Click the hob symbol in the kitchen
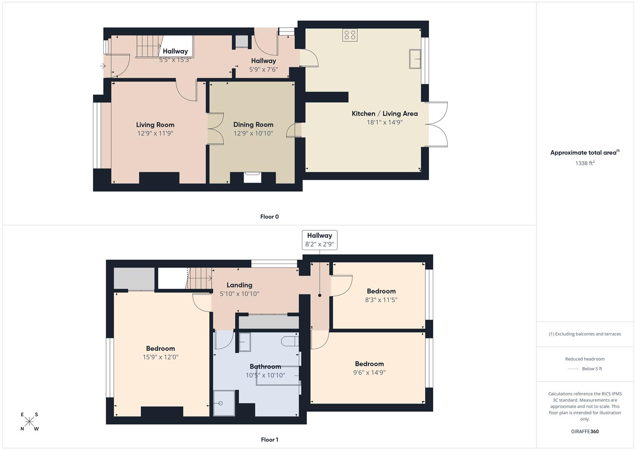pyautogui.click(x=349, y=35)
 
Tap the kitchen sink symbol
pyautogui.click(x=415, y=59)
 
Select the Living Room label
pyautogui.click(x=155, y=125)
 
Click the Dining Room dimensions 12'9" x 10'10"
pyautogui.click(x=253, y=133)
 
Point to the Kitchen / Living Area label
pyautogui.click(x=384, y=113)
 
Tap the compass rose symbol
pyautogui.click(x=29, y=422)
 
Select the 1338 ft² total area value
pyautogui.click(x=585, y=163)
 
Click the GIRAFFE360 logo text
pyautogui.click(x=585, y=431)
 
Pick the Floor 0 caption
pyautogui.click(x=269, y=217)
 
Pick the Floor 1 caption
pyautogui.click(x=269, y=440)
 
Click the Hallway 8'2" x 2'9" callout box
pyautogui.click(x=319, y=240)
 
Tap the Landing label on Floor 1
pyautogui.click(x=239, y=285)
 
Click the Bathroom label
pyautogui.click(x=265, y=367)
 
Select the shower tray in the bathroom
pyautogui.click(x=224, y=403)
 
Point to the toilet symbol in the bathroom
pyautogui.click(x=289, y=341)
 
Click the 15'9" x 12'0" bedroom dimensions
pyautogui.click(x=160, y=357)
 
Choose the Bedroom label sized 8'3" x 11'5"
pyautogui.click(x=381, y=291)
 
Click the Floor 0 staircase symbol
pyautogui.click(x=148, y=46)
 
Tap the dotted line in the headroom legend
pyautogui.click(x=573, y=369)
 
